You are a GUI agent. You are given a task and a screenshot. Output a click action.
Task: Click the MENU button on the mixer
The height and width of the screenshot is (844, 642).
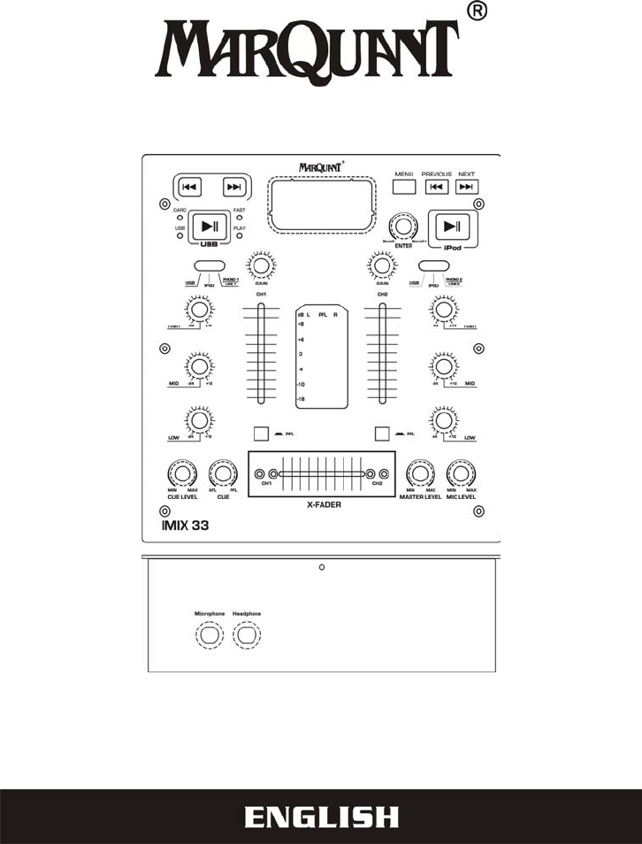coord(404,187)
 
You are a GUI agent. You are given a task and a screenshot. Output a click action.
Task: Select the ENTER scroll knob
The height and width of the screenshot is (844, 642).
coord(403,226)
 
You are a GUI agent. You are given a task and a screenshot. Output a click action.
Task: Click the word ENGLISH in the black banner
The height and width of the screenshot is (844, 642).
coord(321,817)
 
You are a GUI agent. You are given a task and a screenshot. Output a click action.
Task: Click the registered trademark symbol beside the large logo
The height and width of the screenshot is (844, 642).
coord(475,12)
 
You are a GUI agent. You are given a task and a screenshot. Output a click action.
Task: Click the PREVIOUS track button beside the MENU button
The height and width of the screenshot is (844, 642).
coord(436,187)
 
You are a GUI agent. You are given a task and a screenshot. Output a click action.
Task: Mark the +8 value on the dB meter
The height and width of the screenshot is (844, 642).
coord(301,324)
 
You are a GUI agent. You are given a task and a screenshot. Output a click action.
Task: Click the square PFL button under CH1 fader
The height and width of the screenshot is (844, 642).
coord(260,434)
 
